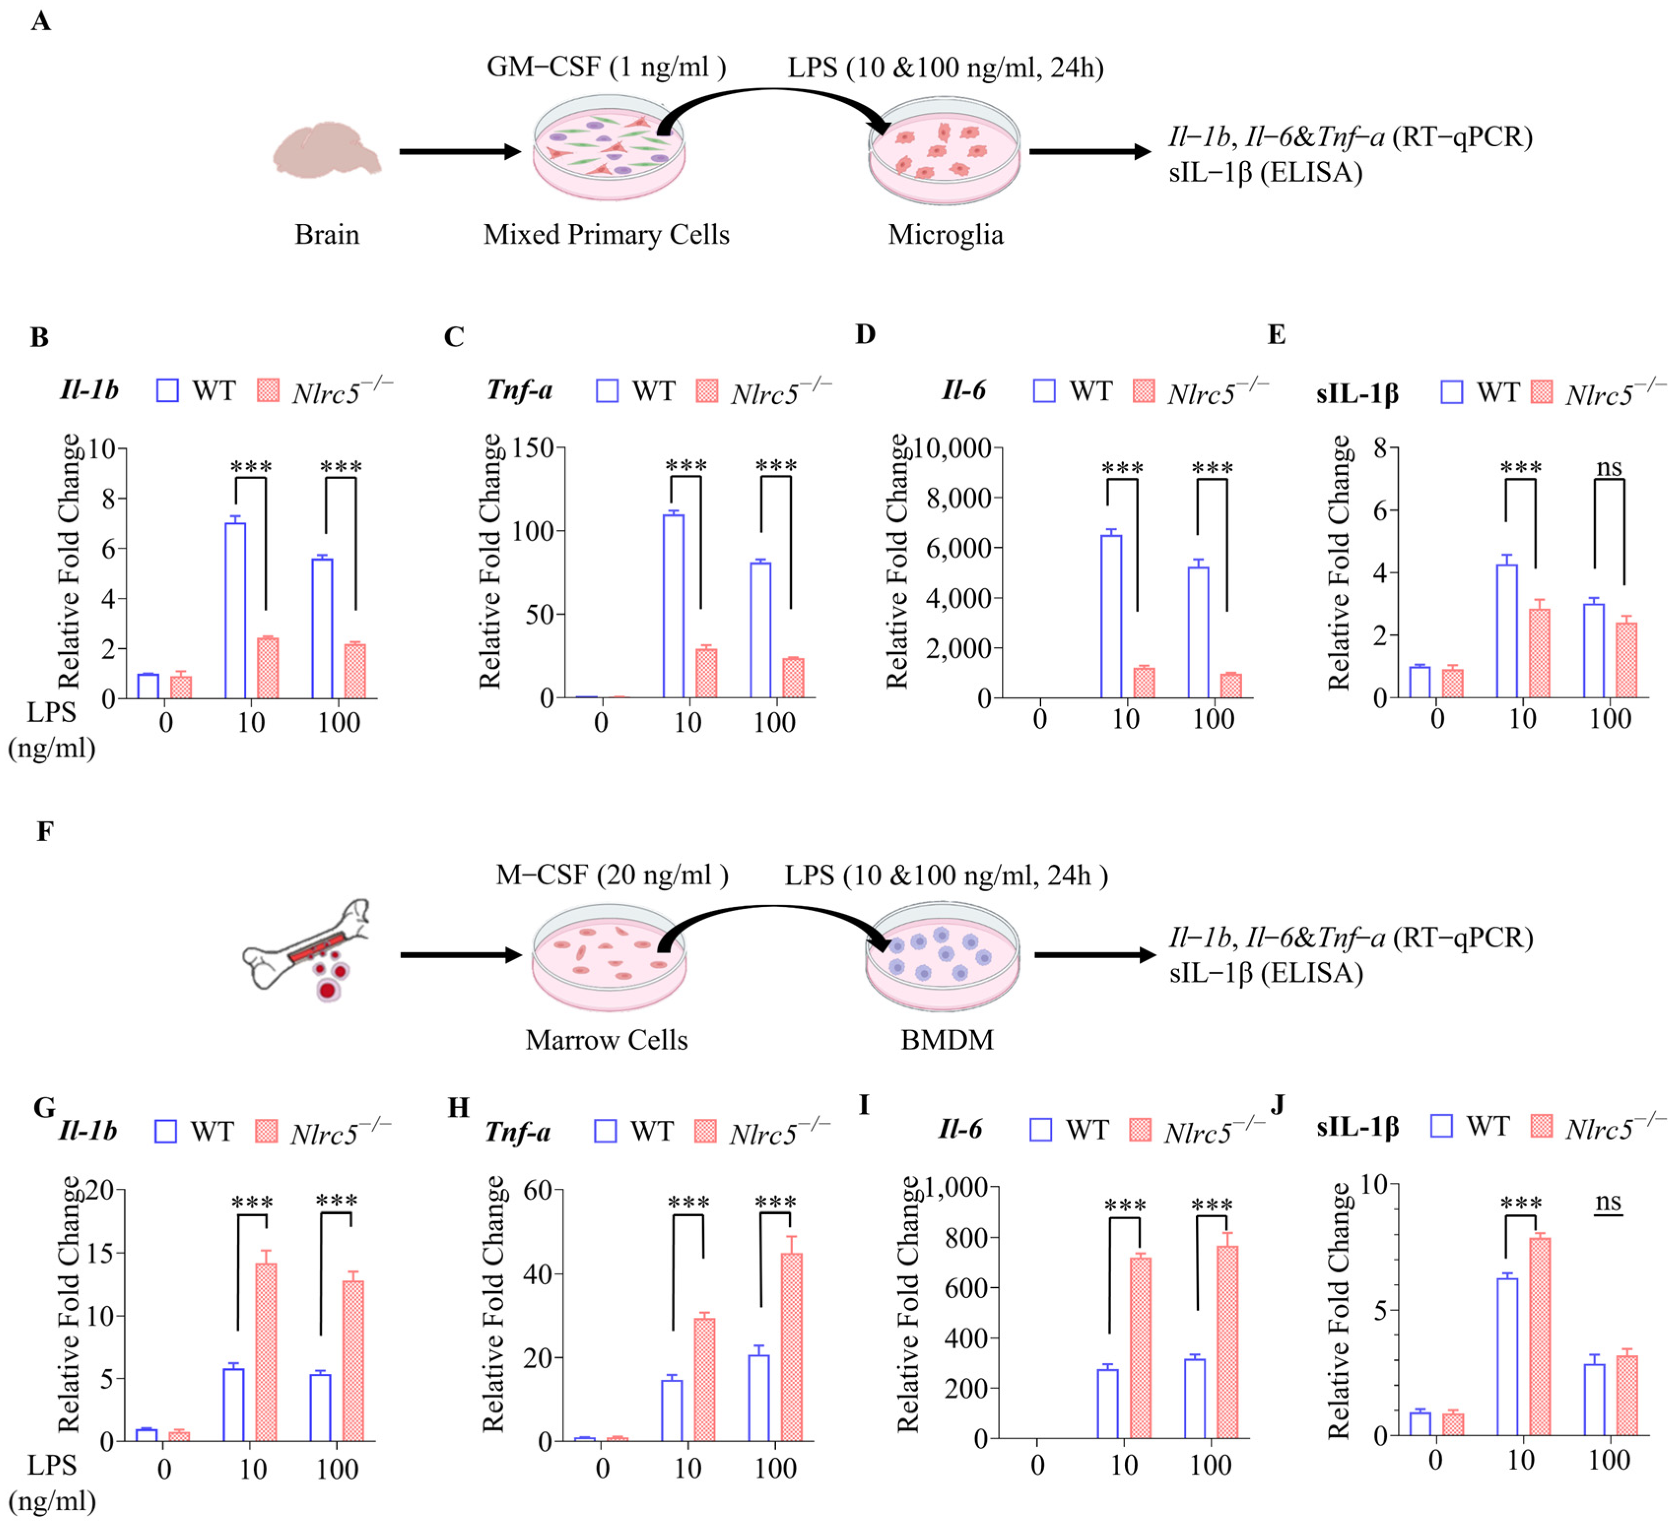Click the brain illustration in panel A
(326, 150)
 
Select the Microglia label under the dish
(946, 235)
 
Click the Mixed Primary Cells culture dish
(608, 150)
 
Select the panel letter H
(459, 1108)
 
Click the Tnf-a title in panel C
(520, 390)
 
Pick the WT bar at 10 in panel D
(1111, 616)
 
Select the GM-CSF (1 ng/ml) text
(606, 66)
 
